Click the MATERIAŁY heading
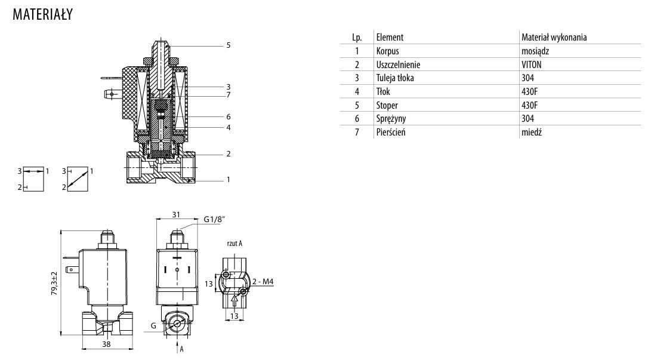tap(42, 15)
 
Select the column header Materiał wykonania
tap(554, 37)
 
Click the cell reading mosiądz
tap(535, 51)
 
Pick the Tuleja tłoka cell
tap(395, 78)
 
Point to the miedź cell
tap(531, 133)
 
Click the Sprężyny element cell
tap(391, 119)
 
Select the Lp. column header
tap(357, 37)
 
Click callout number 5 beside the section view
tap(228, 45)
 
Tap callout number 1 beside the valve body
tap(228, 179)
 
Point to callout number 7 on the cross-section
tap(228, 94)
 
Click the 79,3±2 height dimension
tap(54, 283)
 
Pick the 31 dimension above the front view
tap(176, 215)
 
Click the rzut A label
tap(234, 244)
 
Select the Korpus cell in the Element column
tap(388, 51)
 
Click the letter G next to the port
tap(153, 326)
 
